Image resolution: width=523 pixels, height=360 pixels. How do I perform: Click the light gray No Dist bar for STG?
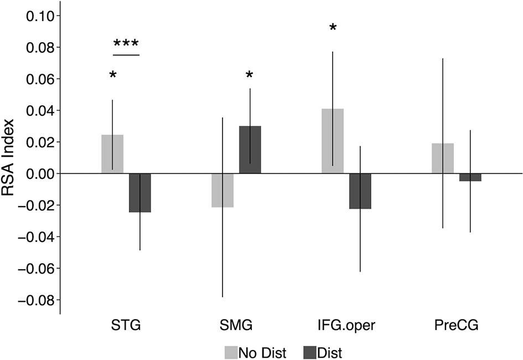(x=112, y=154)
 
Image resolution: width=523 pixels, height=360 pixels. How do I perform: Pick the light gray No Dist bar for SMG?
(x=222, y=191)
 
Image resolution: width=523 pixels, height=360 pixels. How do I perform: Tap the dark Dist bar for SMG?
(x=250, y=150)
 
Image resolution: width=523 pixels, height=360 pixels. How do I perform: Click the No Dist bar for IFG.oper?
(x=333, y=141)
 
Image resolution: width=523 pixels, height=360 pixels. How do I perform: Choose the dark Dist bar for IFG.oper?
(x=360, y=191)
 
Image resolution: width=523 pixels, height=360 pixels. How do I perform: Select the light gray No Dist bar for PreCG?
(x=443, y=158)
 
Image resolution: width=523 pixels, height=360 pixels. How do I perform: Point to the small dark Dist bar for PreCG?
(x=470, y=177)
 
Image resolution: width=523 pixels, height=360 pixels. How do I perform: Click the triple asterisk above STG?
(x=126, y=44)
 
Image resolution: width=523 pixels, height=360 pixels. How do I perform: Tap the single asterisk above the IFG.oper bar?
(x=333, y=27)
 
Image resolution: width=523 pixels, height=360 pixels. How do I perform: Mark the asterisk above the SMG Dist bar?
(x=250, y=75)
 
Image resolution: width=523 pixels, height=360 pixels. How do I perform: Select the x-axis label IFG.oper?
(x=346, y=326)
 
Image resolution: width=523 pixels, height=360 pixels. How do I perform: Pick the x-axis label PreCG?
(x=456, y=326)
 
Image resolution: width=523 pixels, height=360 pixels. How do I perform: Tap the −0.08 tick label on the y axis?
(x=33, y=300)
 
